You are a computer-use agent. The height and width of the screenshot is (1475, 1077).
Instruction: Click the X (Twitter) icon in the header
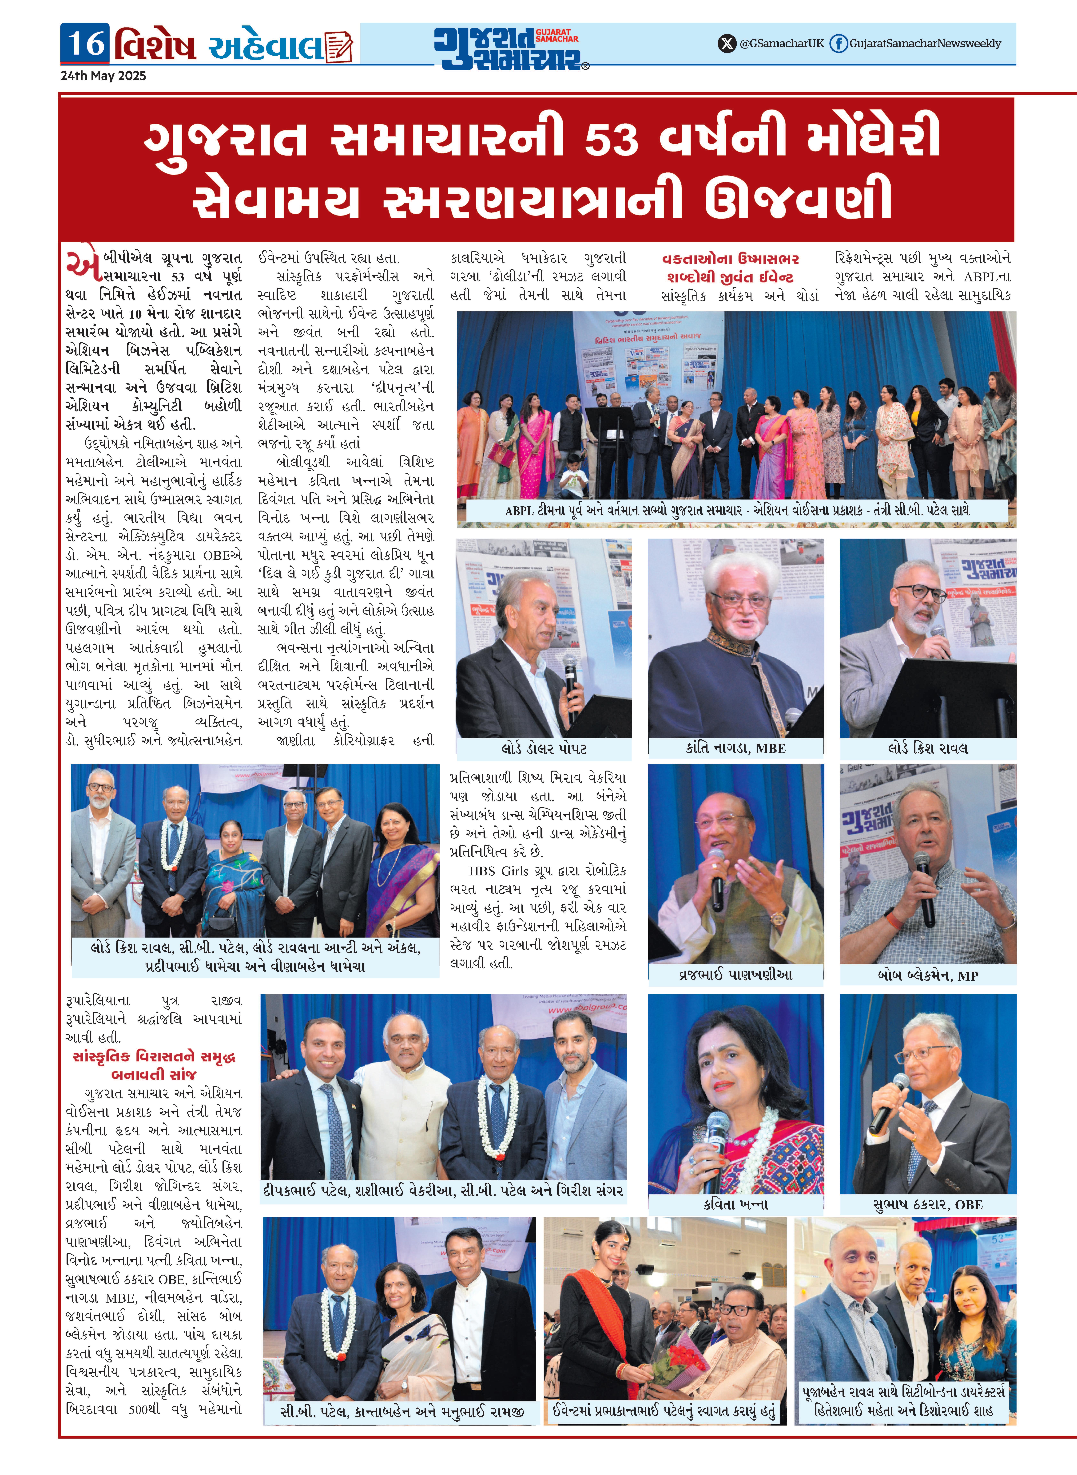point(726,44)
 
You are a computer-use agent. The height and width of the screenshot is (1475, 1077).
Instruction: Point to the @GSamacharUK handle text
point(782,44)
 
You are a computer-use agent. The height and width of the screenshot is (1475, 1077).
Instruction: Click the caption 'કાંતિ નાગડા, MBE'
point(735,748)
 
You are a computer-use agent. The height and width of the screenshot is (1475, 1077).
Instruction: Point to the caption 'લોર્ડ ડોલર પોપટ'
point(544,748)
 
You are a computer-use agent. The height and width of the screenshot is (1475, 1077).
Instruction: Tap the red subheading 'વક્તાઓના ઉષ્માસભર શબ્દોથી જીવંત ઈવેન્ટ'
point(730,268)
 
